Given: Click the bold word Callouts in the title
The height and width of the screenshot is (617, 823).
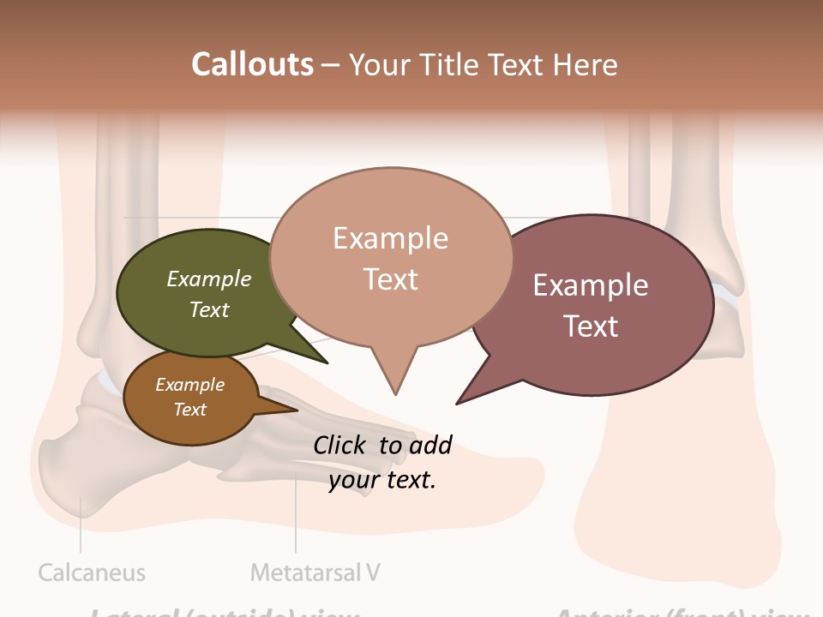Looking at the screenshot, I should pos(252,64).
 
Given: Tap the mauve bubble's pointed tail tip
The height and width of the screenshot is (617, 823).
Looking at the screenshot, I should pos(458,403).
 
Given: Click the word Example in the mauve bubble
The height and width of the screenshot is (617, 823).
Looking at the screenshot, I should pos(591,285).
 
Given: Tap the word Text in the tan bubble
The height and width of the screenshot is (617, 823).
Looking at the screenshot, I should pos(391,279).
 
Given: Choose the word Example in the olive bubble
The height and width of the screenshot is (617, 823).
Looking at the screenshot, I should pos(209,279).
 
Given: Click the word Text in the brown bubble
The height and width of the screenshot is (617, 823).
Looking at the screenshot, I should pos(190,410).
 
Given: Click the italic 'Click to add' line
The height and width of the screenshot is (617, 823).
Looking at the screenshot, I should pos(382,445).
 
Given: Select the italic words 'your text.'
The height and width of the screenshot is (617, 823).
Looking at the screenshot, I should pos(382,480).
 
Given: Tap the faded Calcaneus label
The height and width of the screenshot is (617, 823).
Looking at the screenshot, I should pos(92,572).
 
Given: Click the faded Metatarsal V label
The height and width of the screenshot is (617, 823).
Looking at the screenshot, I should pos(315,572).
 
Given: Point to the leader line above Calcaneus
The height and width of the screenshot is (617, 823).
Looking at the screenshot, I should pos(81,527).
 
